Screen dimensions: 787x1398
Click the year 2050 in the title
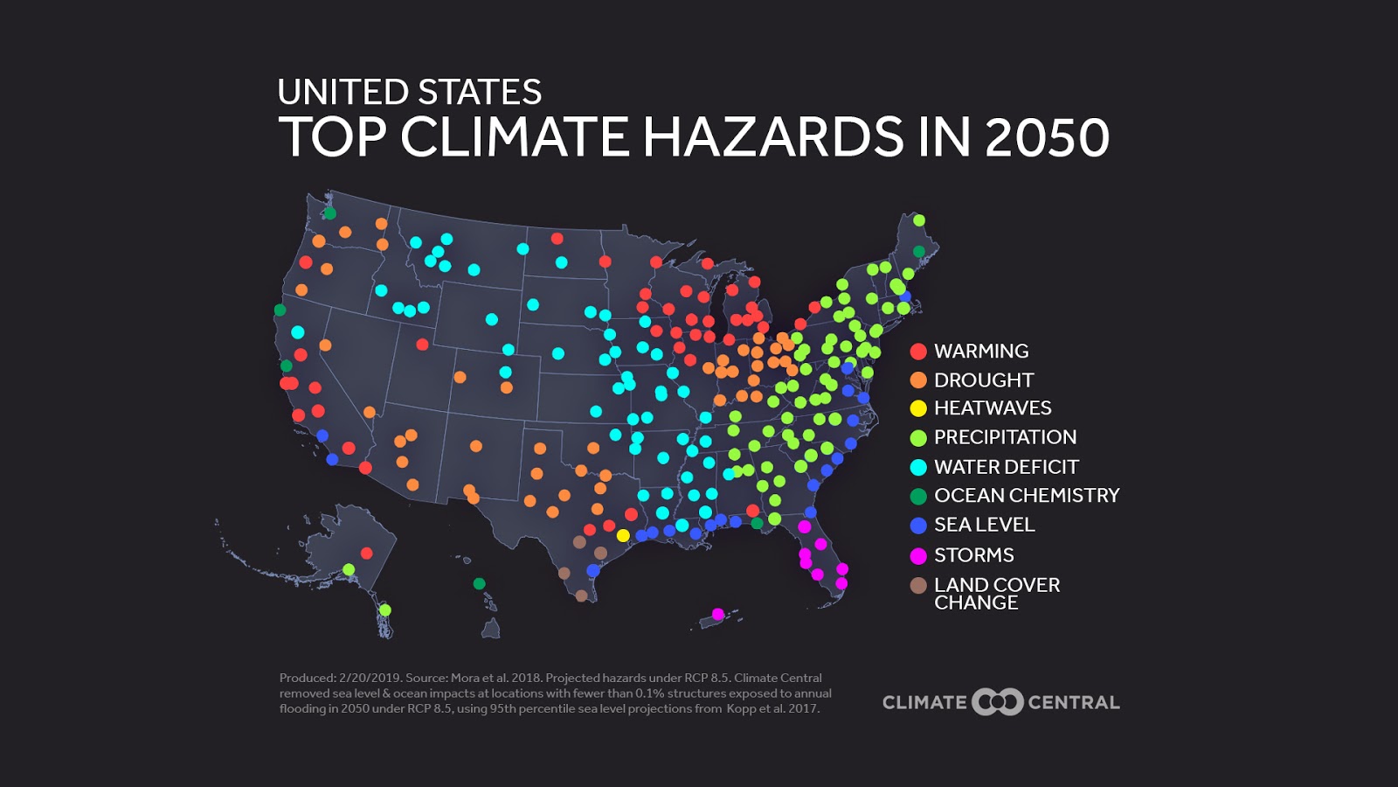[1047, 137]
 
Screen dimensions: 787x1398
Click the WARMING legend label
[980, 351]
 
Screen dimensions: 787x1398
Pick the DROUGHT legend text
[983, 380]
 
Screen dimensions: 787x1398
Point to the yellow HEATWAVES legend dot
[918, 408]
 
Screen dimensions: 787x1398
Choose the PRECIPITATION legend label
[1005, 437]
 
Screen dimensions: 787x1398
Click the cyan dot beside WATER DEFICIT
[918, 467]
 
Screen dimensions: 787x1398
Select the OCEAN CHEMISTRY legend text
[1026, 496]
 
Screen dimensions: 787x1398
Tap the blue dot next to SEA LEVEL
[918, 526]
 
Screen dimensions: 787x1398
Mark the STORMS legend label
[973, 555]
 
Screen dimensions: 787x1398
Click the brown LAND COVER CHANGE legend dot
[918, 586]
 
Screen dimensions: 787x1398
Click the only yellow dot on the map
[623, 535]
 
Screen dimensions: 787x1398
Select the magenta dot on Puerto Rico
[718, 615]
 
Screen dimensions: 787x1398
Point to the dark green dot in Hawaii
[479, 583]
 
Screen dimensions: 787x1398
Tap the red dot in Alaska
[367, 553]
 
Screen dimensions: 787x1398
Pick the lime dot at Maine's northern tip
[918, 220]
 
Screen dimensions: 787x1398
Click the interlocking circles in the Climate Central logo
[997, 702]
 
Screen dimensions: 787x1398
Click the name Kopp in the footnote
[741, 708]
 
